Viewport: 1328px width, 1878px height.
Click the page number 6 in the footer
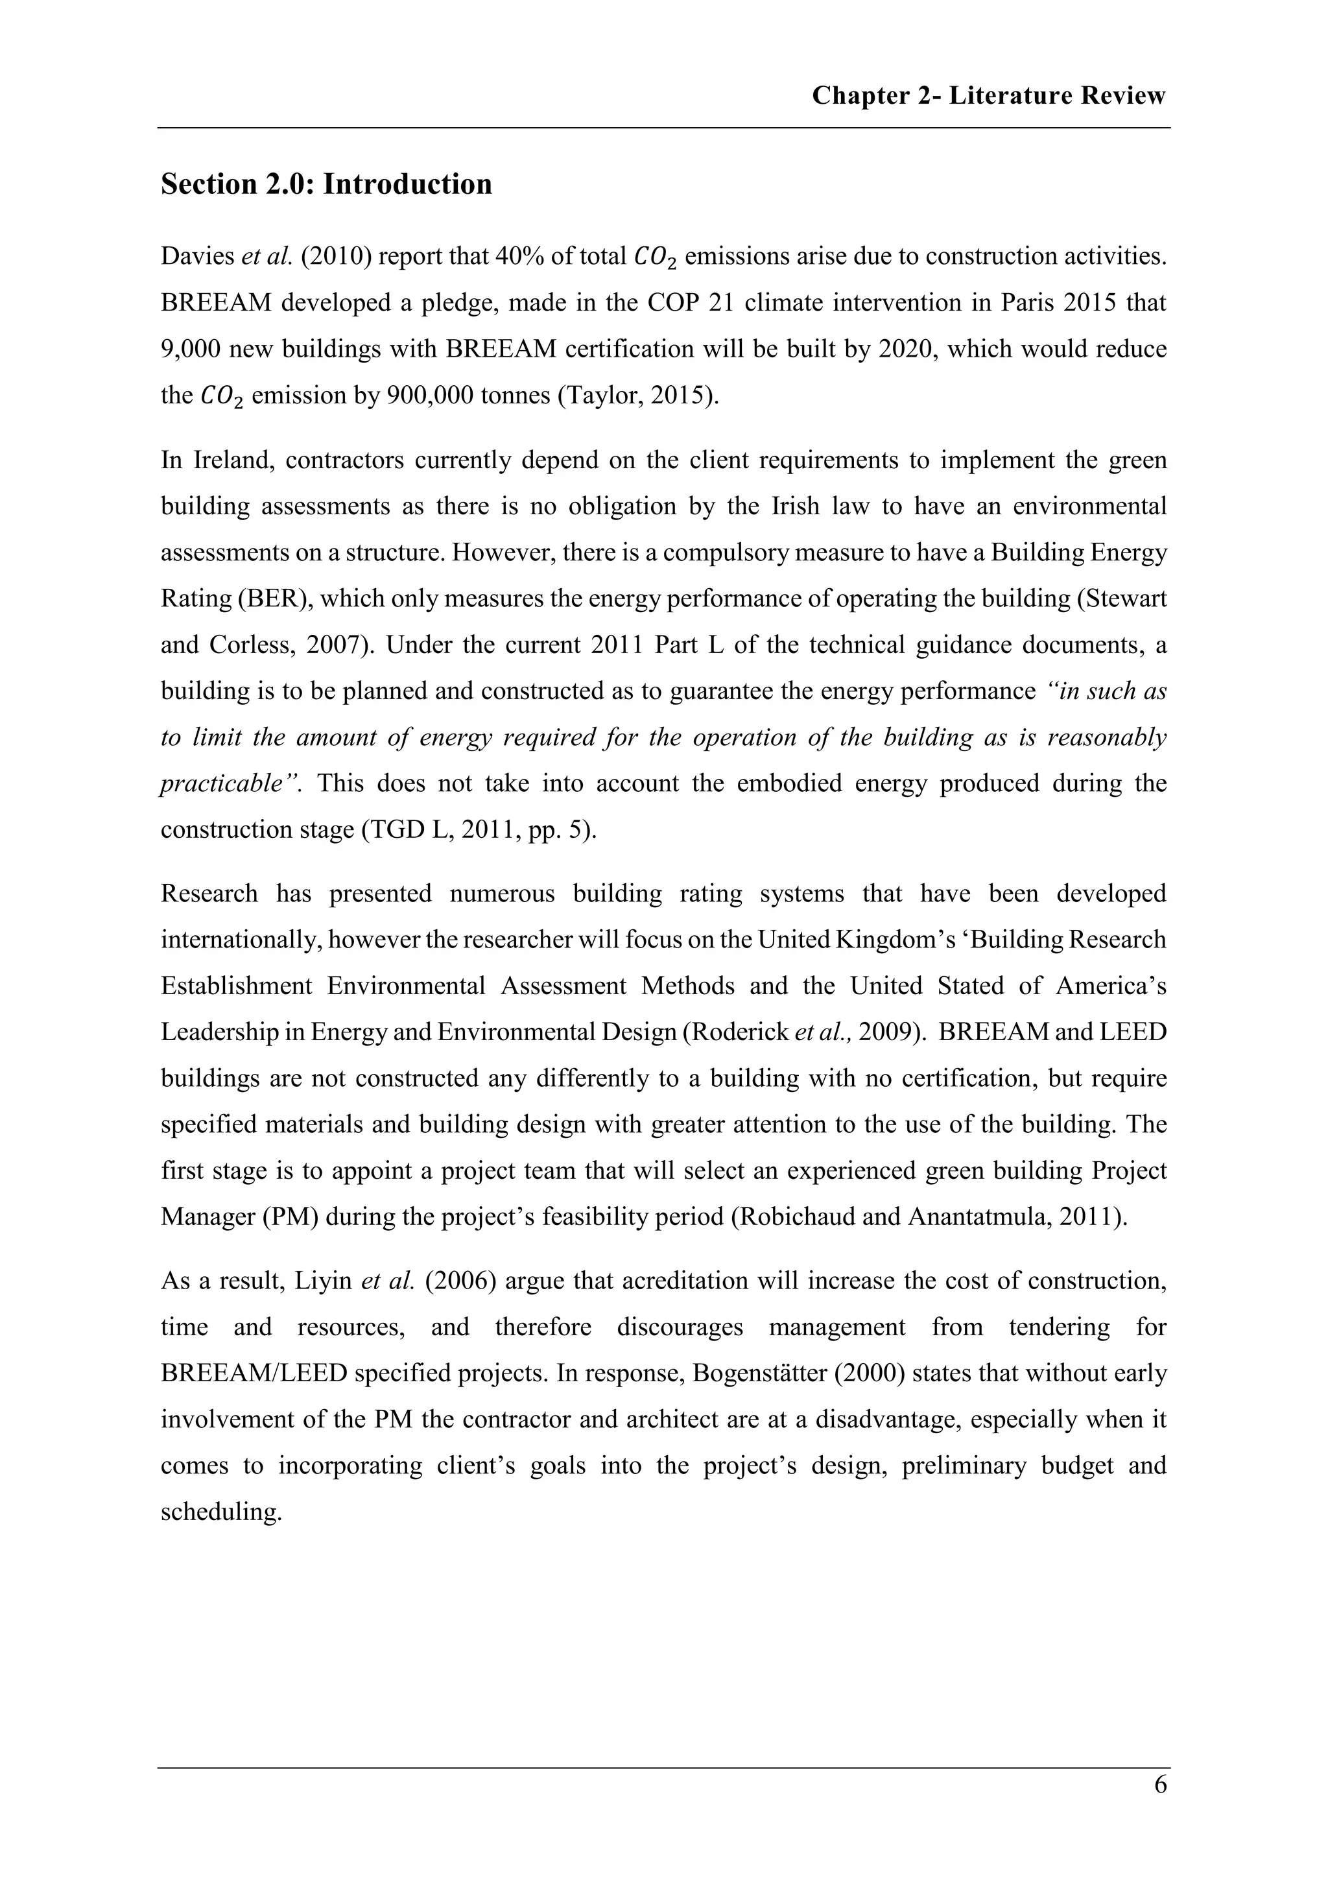tap(1159, 1785)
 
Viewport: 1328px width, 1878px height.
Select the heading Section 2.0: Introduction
tap(326, 184)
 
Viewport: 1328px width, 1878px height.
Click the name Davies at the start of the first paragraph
tap(197, 257)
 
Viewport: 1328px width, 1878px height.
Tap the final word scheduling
tap(220, 1512)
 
